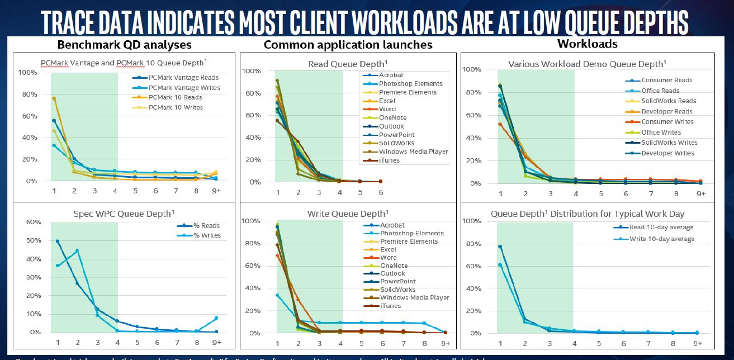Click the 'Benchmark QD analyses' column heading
[x=125, y=45]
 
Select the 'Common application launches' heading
[x=348, y=45]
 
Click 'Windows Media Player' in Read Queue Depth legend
[x=413, y=151]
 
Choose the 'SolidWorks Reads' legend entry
[x=668, y=101]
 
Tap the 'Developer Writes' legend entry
[x=667, y=153]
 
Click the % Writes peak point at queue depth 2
[x=77, y=250]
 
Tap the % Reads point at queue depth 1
[x=57, y=241]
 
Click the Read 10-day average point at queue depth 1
[x=500, y=247]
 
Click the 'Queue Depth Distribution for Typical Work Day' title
[x=588, y=214]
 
